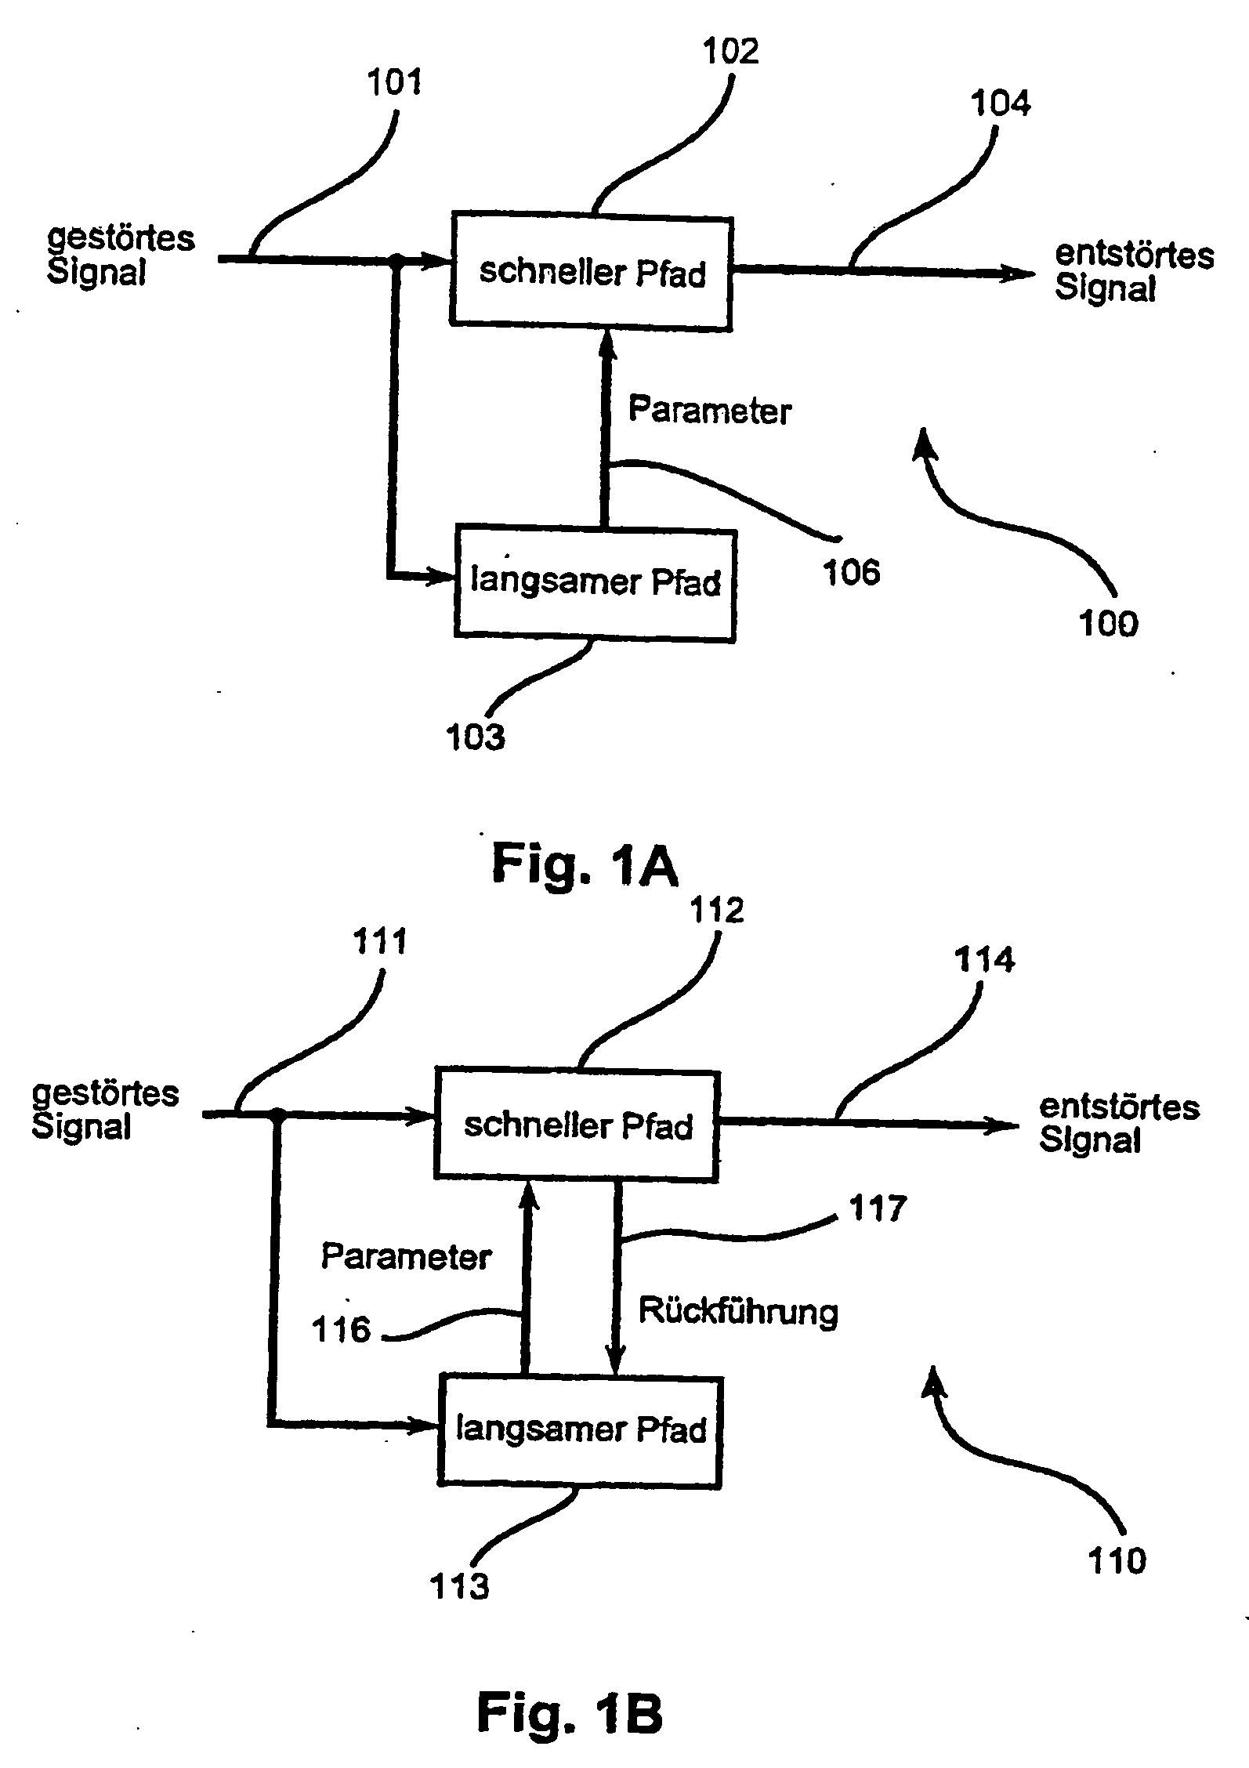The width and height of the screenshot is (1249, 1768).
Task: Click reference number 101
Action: pos(394,82)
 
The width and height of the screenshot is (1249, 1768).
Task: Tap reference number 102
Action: pos(730,52)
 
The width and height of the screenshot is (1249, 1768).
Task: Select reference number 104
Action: pos(1001,103)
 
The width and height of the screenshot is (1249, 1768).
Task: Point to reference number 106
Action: pos(851,572)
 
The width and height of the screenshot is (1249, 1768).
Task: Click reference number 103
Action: pos(475,737)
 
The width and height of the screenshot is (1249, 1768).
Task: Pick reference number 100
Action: pos(1108,624)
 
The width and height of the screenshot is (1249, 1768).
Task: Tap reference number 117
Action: pos(878,1208)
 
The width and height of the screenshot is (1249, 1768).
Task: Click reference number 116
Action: pos(341,1329)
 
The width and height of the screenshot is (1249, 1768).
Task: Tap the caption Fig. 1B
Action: pos(570,1713)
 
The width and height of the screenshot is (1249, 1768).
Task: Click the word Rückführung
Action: pos(738,1311)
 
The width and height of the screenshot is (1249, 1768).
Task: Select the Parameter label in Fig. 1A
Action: pos(710,411)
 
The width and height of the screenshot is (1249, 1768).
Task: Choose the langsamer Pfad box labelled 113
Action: pos(581,1432)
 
